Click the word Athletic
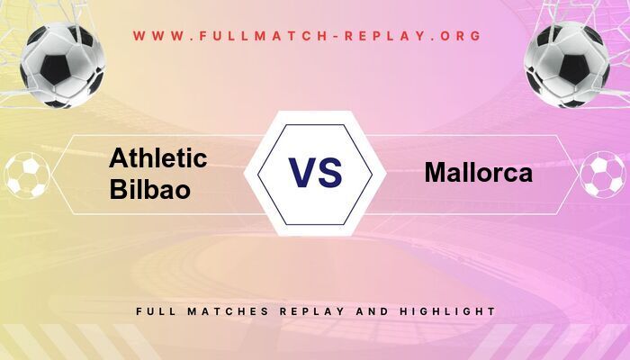(158, 158)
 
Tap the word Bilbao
(149, 189)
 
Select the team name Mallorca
(478, 172)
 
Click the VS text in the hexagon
(315, 172)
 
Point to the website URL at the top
(308, 36)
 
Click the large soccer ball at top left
(64, 64)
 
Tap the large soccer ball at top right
(567, 64)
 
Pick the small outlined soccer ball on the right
(602, 175)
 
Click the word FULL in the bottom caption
(154, 311)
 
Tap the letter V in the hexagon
(301, 172)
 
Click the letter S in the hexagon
(330, 172)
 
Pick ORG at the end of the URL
(462, 36)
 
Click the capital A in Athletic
(119, 158)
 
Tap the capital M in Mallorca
(436, 172)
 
